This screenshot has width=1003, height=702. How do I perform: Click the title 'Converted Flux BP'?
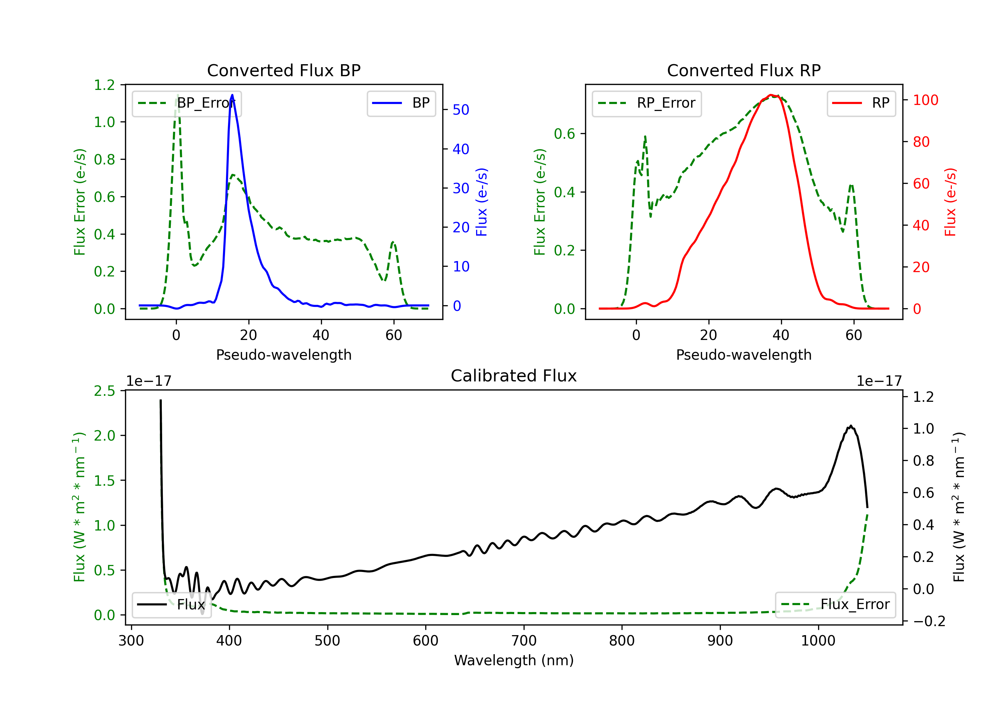pos(284,70)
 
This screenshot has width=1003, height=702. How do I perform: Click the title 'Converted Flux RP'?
pos(744,70)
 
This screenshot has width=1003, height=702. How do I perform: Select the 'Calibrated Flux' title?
pos(514,376)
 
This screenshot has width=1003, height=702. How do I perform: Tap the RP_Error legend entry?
pos(647,103)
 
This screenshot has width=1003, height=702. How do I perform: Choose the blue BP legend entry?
pos(401,103)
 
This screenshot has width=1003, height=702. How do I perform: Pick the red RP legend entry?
pos(861,103)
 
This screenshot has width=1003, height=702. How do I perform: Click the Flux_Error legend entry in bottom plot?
pos(835,605)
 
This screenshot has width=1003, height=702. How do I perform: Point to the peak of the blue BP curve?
pos(232,95)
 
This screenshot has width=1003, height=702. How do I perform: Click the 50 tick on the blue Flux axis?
pos(461,110)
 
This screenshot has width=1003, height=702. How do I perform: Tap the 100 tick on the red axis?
pos(925,100)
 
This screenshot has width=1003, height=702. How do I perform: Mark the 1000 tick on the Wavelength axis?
pos(818,640)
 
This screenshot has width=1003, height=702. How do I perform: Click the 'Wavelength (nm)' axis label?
pos(514,660)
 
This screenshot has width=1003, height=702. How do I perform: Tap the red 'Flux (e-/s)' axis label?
pos(950,202)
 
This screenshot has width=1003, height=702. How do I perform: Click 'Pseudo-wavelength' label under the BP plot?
pos(284,355)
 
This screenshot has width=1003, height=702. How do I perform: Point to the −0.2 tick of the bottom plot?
pos(929,621)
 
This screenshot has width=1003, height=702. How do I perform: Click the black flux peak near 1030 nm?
pos(851,426)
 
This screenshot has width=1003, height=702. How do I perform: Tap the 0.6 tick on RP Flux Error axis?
pos(564,134)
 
